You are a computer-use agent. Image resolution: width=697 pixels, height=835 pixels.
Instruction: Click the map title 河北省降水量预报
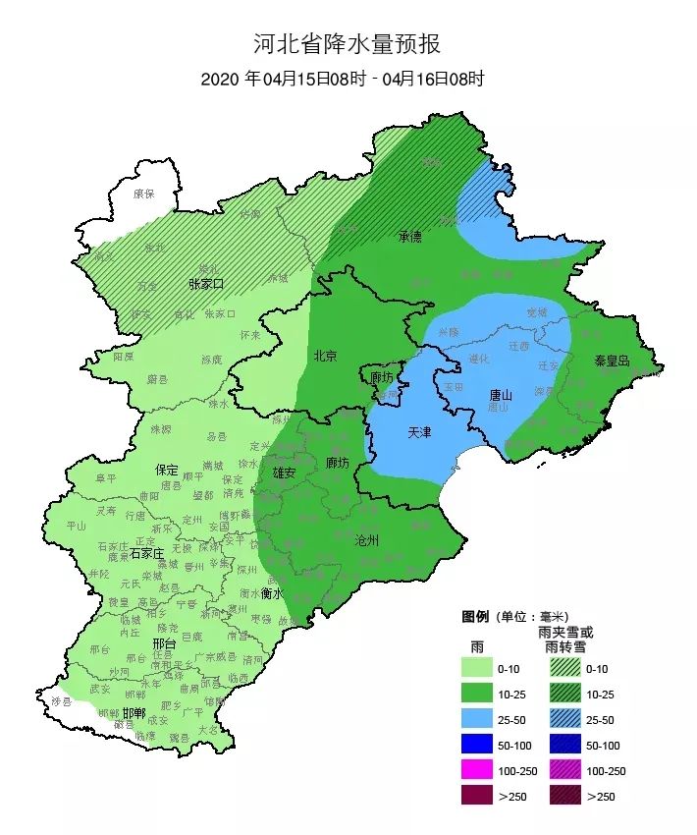[x=348, y=44]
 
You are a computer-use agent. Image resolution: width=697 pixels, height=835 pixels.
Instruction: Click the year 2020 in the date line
[x=221, y=80]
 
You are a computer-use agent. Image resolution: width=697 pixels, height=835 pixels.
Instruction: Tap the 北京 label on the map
[x=325, y=356]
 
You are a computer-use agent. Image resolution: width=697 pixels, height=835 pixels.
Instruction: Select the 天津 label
[x=419, y=432]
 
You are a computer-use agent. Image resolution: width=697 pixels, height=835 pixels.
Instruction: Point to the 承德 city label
[x=409, y=237]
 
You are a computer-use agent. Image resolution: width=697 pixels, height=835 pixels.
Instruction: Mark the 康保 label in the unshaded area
[x=144, y=195]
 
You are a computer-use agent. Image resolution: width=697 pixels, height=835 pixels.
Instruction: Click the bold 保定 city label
[x=166, y=470]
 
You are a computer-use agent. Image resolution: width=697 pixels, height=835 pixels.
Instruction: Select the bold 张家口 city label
[x=206, y=284]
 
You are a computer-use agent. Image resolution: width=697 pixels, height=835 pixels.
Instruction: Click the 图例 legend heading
[x=475, y=617]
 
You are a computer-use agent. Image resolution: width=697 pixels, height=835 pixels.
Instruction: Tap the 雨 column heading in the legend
[x=476, y=646]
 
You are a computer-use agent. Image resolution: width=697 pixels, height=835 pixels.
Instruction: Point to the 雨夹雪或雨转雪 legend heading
[x=566, y=640]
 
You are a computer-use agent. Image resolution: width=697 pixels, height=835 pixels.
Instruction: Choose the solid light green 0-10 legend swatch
[x=477, y=668]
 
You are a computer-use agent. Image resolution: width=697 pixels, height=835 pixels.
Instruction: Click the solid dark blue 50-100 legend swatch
[x=477, y=746]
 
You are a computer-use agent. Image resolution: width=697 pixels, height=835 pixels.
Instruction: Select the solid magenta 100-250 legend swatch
[x=477, y=771]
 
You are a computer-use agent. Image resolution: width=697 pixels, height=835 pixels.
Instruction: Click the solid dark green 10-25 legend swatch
[x=477, y=694]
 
